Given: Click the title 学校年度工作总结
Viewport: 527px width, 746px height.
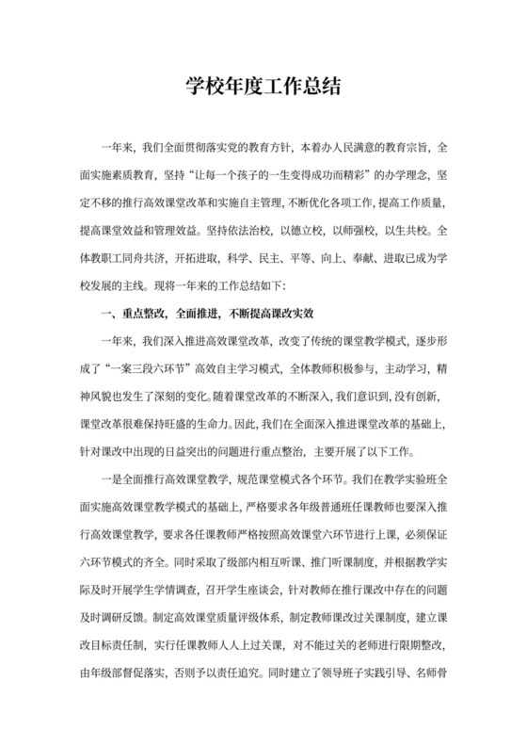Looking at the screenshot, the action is point(263,88).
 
